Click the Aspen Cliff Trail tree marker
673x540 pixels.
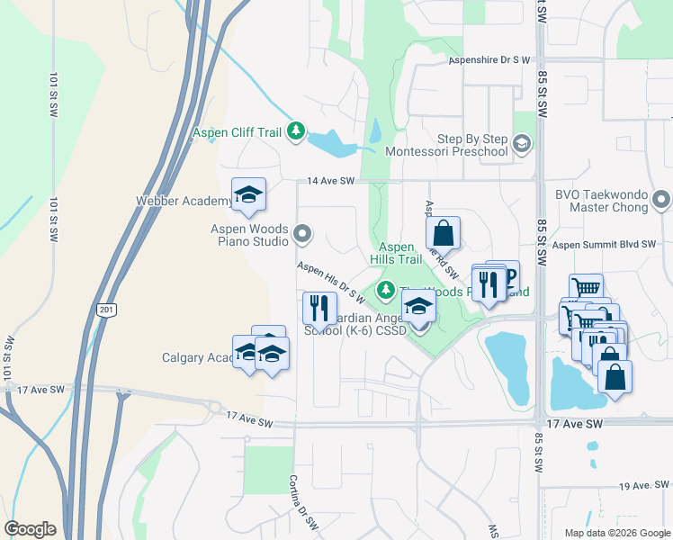(x=296, y=133)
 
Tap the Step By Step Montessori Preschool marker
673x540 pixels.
(x=521, y=144)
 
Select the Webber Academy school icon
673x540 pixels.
(x=249, y=194)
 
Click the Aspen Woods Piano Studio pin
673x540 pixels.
(x=302, y=236)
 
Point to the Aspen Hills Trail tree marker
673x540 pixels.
(x=386, y=289)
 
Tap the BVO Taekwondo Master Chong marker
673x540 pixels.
(x=661, y=199)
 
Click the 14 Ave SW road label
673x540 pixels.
(x=332, y=181)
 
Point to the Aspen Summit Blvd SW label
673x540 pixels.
(x=606, y=244)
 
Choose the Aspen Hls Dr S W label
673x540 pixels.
(x=330, y=282)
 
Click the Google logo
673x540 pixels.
(x=30, y=529)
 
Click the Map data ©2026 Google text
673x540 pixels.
(x=618, y=533)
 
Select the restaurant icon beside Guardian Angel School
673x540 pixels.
(x=319, y=309)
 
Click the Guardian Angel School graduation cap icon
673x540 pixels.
(x=417, y=307)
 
